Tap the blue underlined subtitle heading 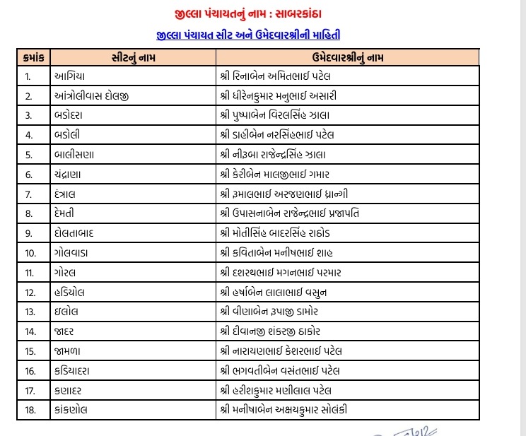pos(253,34)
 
